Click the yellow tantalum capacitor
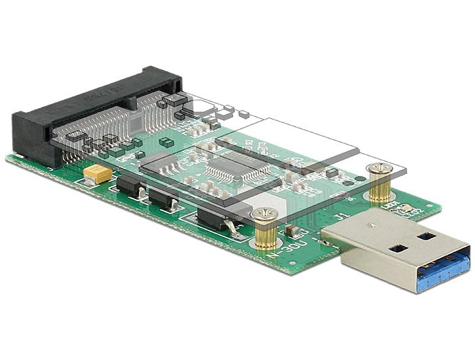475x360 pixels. (x=99, y=175)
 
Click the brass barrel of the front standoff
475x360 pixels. (x=266, y=234)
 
